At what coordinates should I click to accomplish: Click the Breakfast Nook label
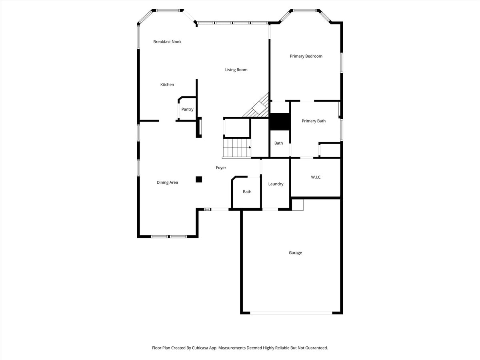167,42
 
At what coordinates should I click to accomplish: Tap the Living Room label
236,70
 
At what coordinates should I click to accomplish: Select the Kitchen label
167,84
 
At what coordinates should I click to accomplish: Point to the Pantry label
187,109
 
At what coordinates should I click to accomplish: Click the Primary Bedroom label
306,56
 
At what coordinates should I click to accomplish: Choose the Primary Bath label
314,121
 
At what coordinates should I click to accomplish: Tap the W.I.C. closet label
316,177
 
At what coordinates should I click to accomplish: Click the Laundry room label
276,184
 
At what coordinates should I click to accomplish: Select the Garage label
295,252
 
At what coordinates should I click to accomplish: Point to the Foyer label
221,168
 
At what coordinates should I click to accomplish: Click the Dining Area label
167,182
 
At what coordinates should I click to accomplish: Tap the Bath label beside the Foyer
247,192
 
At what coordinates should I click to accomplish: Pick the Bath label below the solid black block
278,143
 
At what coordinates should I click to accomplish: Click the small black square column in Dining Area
199,179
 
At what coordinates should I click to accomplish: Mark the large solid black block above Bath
279,122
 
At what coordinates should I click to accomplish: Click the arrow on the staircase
250,148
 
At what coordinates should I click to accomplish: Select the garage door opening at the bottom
291,313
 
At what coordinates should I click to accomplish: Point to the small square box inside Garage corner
297,204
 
